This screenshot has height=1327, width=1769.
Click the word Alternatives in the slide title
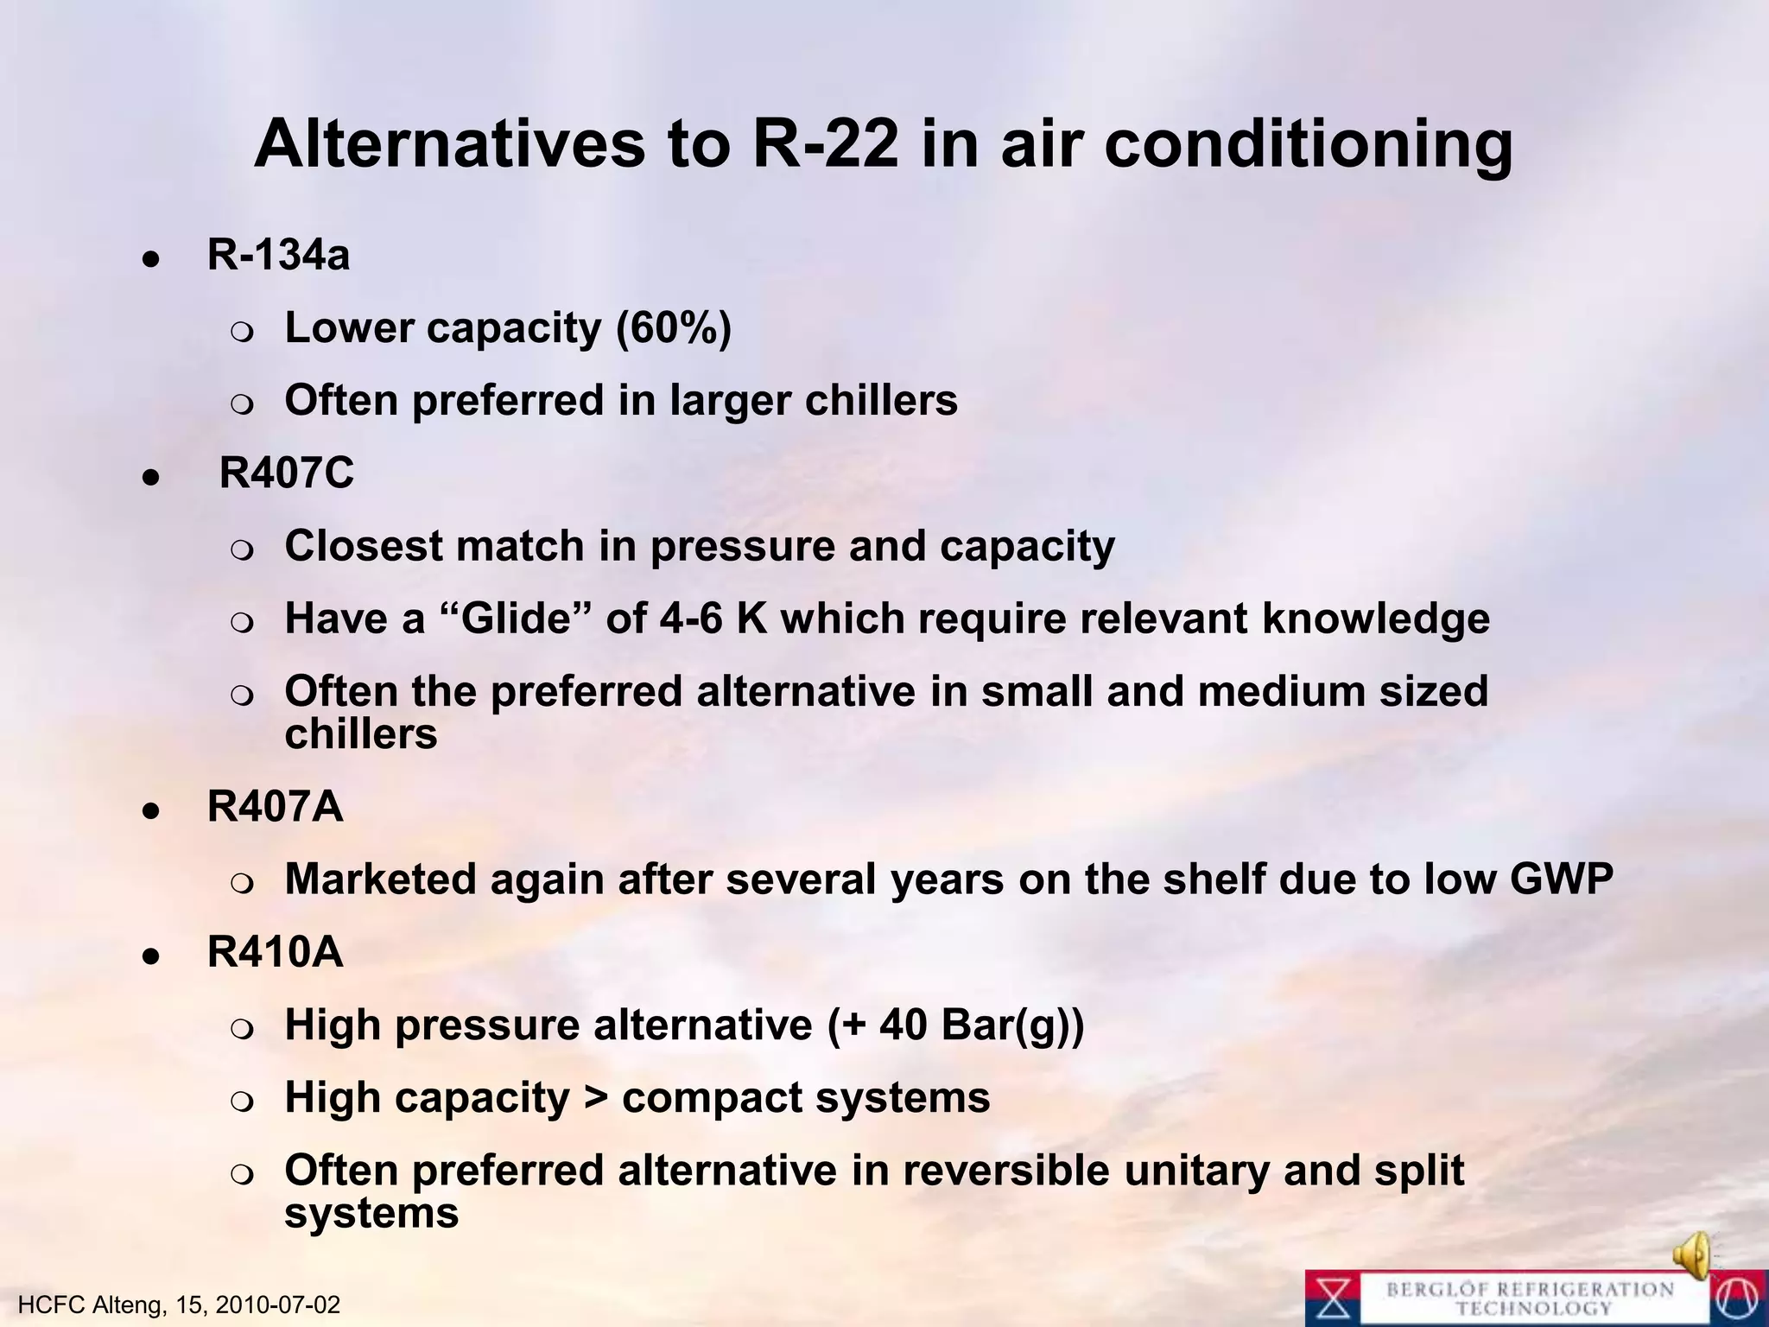(x=449, y=143)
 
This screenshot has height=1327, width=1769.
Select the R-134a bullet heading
(x=278, y=256)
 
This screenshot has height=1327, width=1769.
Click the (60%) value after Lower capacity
(x=674, y=328)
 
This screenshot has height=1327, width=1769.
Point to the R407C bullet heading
(x=286, y=473)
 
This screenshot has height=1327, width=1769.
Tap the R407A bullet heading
(x=275, y=807)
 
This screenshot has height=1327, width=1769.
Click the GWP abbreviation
(x=1561, y=880)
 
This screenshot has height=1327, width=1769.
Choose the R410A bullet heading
(x=275, y=953)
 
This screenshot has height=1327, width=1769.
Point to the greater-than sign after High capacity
(x=595, y=1099)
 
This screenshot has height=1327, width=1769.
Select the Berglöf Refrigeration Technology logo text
(x=1530, y=1298)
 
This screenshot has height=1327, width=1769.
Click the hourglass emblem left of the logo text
(x=1335, y=1298)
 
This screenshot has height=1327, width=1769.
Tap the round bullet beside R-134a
(x=151, y=257)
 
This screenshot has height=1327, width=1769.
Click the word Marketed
(x=380, y=880)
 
